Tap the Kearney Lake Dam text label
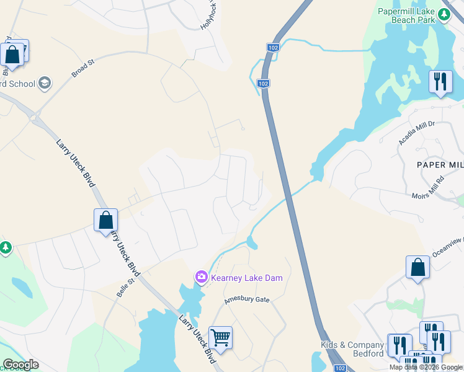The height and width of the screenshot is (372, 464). (248, 278)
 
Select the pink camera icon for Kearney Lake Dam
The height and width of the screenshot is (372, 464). (201, 277)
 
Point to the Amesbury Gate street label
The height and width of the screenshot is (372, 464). (247, 299)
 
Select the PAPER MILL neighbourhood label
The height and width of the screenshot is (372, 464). (440, 164)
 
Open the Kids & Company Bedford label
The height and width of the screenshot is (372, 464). (352, 349)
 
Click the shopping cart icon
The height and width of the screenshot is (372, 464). (220, 338)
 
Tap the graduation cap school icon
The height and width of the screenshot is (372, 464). (44, 82)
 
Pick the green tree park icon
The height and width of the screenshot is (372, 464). (6, 247)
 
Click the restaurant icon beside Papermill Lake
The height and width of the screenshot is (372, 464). (440, 81)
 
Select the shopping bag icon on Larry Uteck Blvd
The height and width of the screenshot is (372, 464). (105, 220)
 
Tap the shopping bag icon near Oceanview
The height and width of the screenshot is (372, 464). (418, 267)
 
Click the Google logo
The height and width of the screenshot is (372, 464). (20, 365)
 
